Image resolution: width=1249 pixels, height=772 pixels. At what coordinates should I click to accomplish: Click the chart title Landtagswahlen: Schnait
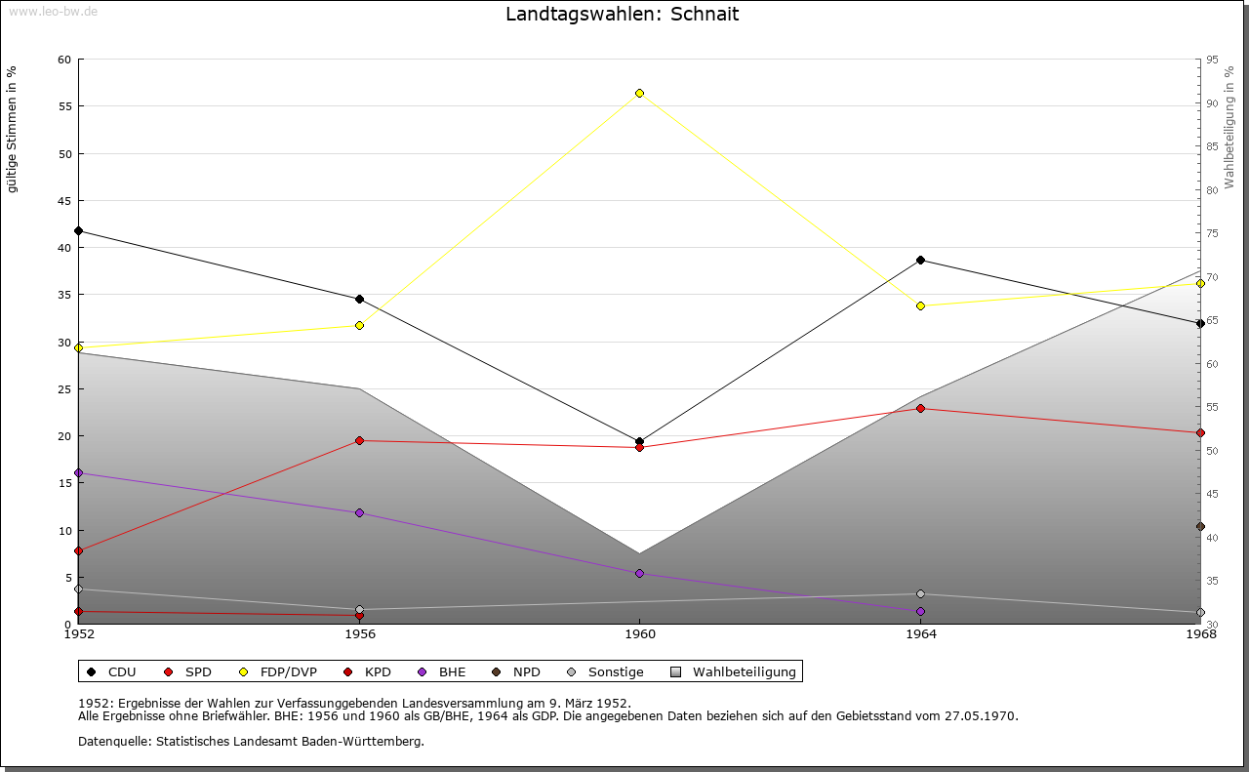622,15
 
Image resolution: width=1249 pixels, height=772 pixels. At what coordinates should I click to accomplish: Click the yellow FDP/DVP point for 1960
639,93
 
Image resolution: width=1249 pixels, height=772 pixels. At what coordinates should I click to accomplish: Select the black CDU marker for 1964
920,260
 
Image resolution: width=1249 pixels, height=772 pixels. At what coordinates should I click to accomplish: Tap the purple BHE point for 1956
359,512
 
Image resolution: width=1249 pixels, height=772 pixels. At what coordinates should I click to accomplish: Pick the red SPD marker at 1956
359,440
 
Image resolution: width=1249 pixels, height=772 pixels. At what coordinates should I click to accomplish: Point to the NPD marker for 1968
1200,527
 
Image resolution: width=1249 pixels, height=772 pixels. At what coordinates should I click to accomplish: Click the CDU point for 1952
78,231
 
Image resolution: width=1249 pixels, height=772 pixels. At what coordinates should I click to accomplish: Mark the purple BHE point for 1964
920,611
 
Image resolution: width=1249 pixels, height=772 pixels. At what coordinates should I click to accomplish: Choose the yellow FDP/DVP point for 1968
1200,283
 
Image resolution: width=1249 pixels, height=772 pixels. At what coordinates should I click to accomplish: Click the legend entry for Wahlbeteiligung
744,672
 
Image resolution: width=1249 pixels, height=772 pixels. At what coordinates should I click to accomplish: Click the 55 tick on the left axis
63,106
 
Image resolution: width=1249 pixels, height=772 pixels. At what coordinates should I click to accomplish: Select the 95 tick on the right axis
1213,61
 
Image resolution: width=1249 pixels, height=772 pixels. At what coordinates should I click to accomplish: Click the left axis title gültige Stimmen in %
13,129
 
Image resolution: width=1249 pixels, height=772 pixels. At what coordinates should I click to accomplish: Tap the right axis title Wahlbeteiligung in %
1229,128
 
